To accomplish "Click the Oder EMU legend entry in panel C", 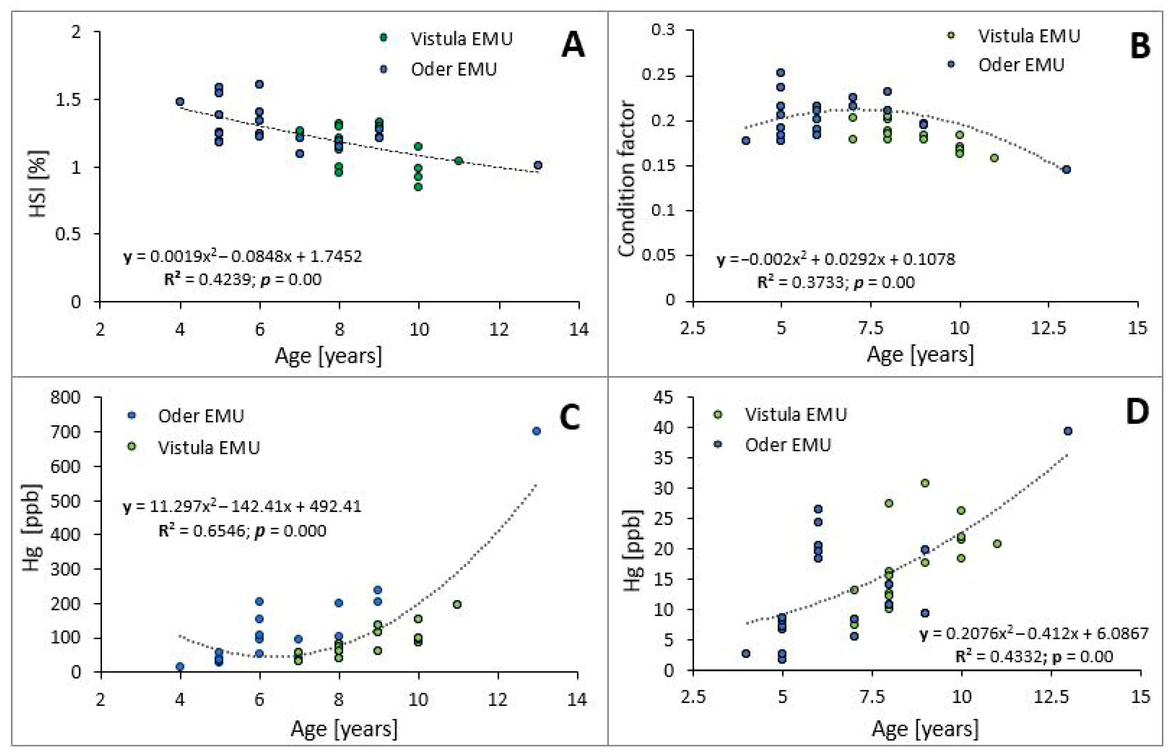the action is click(186, 416).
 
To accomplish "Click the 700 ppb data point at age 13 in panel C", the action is click(536, 431).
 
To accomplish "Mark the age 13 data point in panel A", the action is click(538, 165).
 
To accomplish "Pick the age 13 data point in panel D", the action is click(1067, 431).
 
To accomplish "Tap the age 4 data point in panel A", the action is click(180, 101).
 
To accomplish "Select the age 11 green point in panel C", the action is click(457, 604).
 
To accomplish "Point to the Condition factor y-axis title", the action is click(626, 179).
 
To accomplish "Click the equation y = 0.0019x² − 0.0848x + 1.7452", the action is click(242, 256).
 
